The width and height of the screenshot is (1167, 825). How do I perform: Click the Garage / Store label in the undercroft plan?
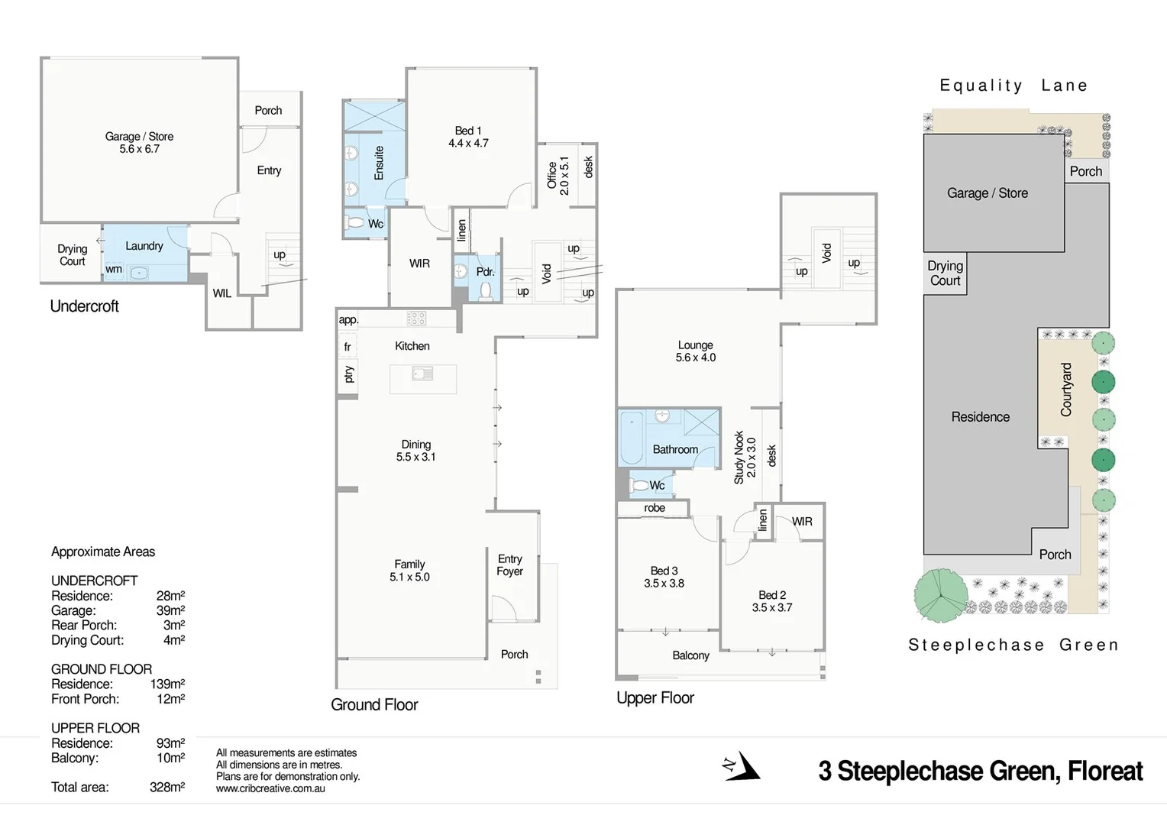(139, 137)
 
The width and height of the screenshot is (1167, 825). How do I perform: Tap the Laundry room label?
(144, 246)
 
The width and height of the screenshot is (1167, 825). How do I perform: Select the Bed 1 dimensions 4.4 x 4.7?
(468, 144)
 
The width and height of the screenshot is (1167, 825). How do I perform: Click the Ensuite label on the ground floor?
(379, 163)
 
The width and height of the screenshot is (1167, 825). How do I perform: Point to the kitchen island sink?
(422, 374)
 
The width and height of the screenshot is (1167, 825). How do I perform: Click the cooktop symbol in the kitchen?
(416, 319)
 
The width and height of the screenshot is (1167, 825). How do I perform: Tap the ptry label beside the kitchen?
(348, 374)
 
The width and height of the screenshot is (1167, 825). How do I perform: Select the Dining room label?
(416, 445)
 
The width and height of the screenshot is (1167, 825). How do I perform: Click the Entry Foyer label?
(509, 565)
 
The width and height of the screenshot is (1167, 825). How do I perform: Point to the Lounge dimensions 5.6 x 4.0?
(695, 357)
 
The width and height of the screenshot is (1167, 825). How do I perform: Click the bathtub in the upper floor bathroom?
(632, 438)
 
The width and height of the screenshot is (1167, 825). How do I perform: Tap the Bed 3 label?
(664, 571)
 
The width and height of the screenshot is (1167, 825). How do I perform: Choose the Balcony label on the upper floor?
(690, 655)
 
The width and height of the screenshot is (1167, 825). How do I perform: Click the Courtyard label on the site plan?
(1066, 390)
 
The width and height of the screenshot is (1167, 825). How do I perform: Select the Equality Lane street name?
(1013, 86)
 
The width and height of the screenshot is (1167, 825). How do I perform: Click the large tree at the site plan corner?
(940, 596)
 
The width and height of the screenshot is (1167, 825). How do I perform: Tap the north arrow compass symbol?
(742, 766)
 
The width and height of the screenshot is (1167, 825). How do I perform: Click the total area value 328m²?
(167, 788)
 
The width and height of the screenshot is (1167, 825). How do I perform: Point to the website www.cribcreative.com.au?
(270, 789)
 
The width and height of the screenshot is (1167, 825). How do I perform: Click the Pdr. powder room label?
(485, 272)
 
